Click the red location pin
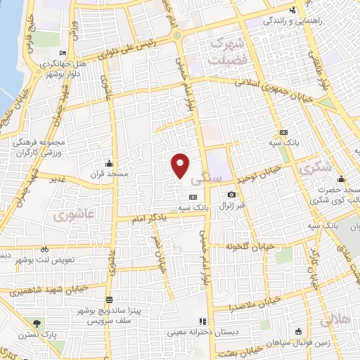tap(181, 165)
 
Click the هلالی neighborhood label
tap(335, 320)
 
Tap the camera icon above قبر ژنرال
tap(231, 195)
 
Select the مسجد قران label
tap(105, 173)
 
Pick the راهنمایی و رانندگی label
tap(295, 21)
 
